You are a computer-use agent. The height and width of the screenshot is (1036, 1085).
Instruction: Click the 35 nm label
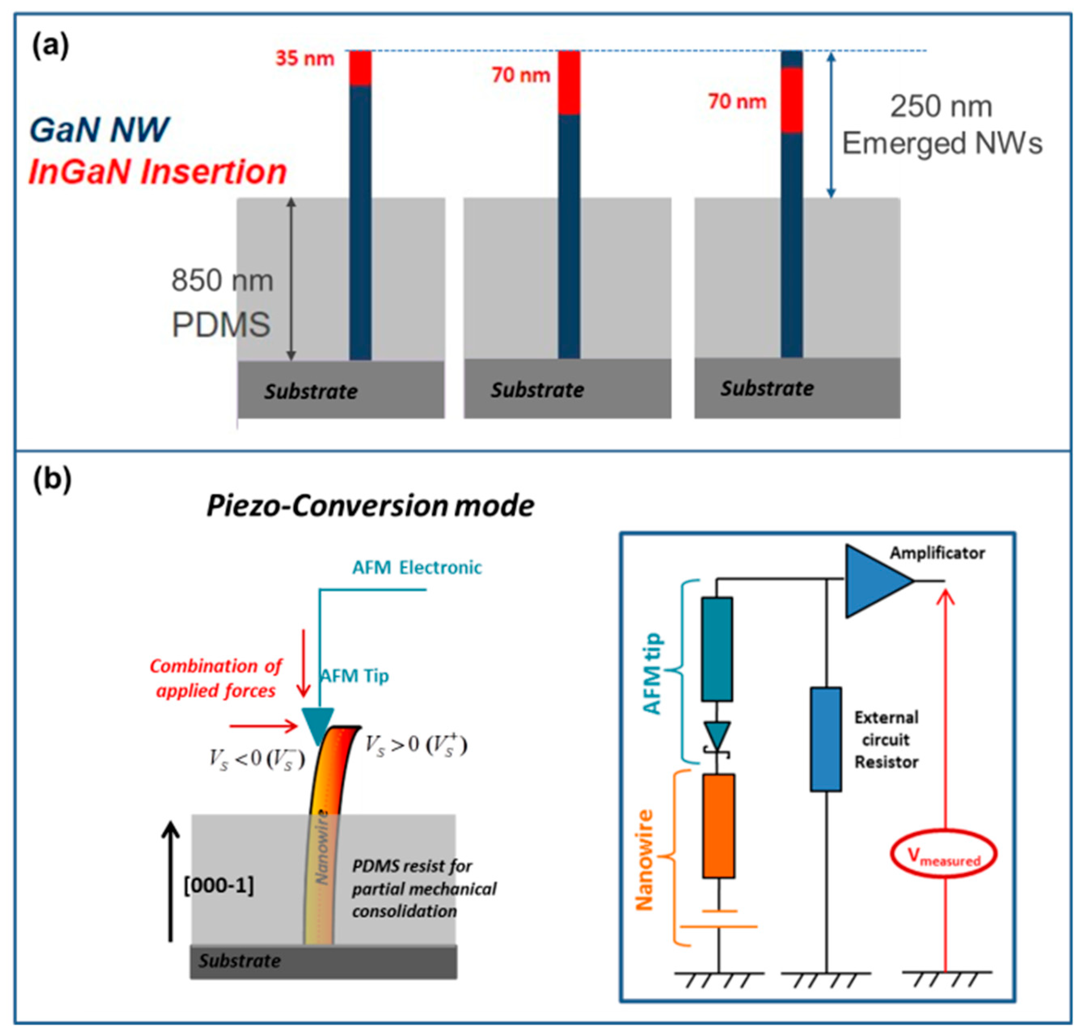pos(305,58)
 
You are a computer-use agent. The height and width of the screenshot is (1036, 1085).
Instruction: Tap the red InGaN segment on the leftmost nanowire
pos(360,68)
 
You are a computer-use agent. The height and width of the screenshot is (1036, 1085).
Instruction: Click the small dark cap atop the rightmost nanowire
pos(791,59)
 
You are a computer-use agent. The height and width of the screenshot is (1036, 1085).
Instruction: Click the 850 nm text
pos(222,281)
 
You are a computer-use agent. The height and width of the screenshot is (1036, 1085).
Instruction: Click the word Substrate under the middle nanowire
pos(537,390)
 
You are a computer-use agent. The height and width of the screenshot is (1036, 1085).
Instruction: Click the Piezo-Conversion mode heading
pos(370,506)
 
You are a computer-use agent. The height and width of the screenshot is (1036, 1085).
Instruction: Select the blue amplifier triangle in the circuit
pos(875,581)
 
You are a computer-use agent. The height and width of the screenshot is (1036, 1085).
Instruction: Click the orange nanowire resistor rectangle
pos(718,826)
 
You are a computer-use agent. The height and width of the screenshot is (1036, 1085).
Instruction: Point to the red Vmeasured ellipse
pos(944,855)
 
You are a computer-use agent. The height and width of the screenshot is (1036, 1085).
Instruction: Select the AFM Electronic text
pos(417,567)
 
